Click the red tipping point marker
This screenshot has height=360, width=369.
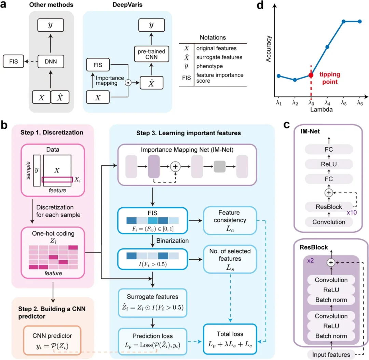311,75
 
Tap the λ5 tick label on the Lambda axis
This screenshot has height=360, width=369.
344,102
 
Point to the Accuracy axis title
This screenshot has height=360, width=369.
269,49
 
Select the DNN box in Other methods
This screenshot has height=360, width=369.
51,61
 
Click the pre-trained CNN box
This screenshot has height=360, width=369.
152,54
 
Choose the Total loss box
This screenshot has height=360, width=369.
230,339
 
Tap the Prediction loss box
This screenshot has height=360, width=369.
152,341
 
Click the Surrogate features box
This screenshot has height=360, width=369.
152,303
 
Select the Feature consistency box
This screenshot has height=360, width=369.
230,221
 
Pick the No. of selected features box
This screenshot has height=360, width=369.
230,259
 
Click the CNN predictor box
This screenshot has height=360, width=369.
52,340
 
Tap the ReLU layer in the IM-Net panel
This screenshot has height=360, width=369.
329,164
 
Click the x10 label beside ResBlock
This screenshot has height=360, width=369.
352,212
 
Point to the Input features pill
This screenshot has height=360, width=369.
331,355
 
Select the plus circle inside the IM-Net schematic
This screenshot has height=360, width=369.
175,167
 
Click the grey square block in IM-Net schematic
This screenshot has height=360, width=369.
220,167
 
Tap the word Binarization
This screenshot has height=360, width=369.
173,241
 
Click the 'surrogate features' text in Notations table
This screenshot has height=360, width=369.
219,57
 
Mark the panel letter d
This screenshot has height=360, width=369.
260,5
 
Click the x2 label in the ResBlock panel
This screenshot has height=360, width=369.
310,261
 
